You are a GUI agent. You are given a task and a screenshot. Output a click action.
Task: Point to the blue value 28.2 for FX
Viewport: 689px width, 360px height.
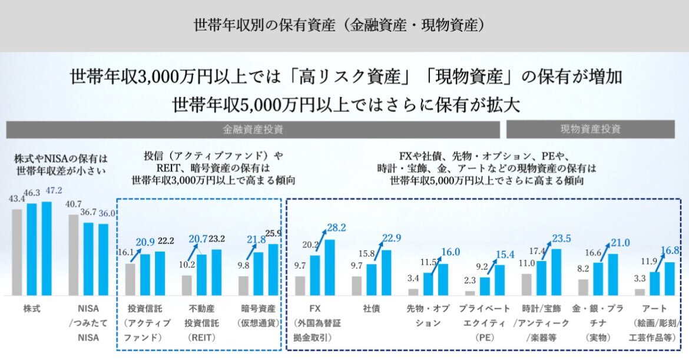[336, 228]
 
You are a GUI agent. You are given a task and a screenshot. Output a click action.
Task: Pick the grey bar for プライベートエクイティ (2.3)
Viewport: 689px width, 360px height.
[470, 293]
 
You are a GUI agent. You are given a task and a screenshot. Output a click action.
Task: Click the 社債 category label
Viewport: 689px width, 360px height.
[371, 308]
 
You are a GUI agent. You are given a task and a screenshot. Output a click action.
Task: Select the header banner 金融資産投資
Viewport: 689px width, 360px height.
[252, 129]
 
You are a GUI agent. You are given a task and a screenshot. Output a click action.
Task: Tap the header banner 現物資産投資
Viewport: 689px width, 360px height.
[590, 129]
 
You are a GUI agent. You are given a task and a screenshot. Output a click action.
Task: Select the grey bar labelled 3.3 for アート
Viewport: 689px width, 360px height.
[640, 292]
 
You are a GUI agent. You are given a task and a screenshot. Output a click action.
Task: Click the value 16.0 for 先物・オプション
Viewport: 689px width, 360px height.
[450, 252]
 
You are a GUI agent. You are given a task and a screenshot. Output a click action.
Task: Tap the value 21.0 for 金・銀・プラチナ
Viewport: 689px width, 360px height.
[620, 243]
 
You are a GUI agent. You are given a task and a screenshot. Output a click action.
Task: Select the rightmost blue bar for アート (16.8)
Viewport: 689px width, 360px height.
[669, 279]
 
